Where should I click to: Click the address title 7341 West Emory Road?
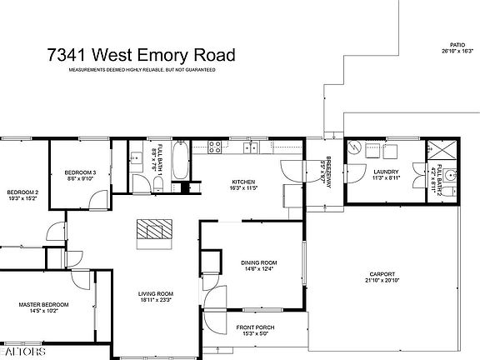[x=140, y=55]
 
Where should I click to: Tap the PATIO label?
[x=456, y=44]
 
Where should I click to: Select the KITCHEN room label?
[x=243, y=182]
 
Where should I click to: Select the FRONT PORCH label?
[x=256, y=327]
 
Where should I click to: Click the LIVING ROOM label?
[x=156, y=293]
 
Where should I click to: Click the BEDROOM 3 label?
[x=80, y=172]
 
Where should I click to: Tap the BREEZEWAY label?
[x=328, y=171]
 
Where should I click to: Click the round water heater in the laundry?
[x=356, y=150]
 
